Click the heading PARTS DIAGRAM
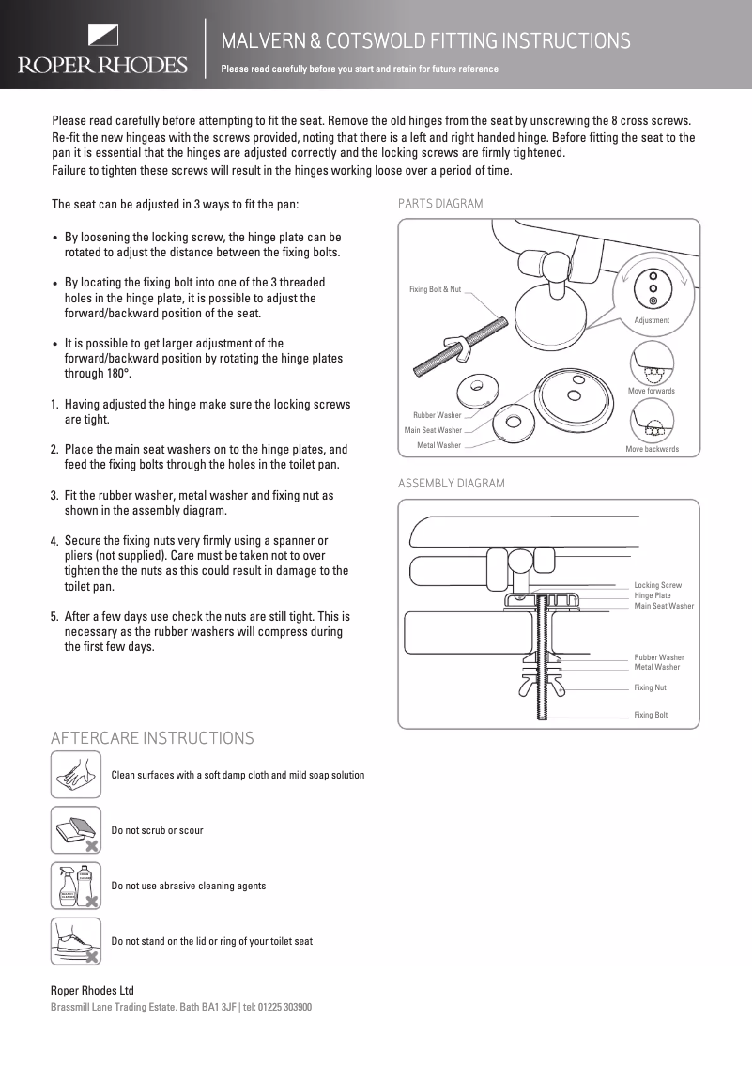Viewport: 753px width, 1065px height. pyautogui.click(x=440, y=204)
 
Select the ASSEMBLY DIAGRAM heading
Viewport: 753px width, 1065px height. pyautogui.click(x=452, y=484)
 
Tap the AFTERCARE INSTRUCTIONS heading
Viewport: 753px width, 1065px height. pyautogui.click(x=152, y=738)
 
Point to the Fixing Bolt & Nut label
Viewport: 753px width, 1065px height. pyautogui.click(x=435, y=289)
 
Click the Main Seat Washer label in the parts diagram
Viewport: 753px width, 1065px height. pyautogui.click(x=433, y=430)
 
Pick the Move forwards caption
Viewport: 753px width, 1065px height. pyautogui.click(x=651, y=391)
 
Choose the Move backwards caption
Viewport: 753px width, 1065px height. pyautogui.click(x=652, y=450)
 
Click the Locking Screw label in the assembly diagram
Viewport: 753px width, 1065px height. pyautogui.click(x=657, y=585)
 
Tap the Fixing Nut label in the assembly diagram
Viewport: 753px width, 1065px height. pyautogui.click(x=650, y=688)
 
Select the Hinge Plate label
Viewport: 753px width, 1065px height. pyautogui.click(x=653, y=595)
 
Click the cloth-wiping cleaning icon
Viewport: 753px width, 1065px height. pyautogui.click(x=75, y=776)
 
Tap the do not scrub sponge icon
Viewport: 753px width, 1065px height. pyautogui.click(x=75, y=830)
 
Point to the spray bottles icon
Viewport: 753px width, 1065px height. pyautogui.click(x=75, y=886)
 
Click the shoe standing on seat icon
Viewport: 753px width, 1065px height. pyautogui.click(x=75, y=941)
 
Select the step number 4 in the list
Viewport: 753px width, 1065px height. pyautogui.click(x=54, y=542)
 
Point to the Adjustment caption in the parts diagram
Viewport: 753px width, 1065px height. pyautogui.click(x=652, y=321)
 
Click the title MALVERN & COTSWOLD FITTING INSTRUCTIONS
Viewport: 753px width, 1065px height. pyautogui.click(x=425, y=41)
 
